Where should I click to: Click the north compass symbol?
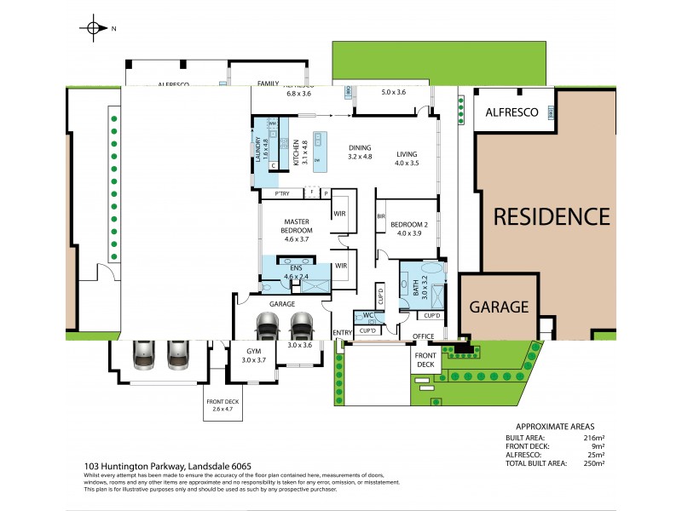tap(93, 28)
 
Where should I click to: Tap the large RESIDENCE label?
tap(552, 217)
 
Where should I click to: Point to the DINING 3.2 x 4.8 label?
tap(360, 152)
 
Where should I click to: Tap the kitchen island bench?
tap(321, 154)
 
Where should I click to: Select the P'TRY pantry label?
tap(281, 195)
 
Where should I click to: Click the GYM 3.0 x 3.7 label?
tap(251, 356)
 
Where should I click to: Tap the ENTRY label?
tap(342, 332)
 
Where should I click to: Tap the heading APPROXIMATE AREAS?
tap(555, 426)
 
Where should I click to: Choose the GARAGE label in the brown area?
tap(497, 307)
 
